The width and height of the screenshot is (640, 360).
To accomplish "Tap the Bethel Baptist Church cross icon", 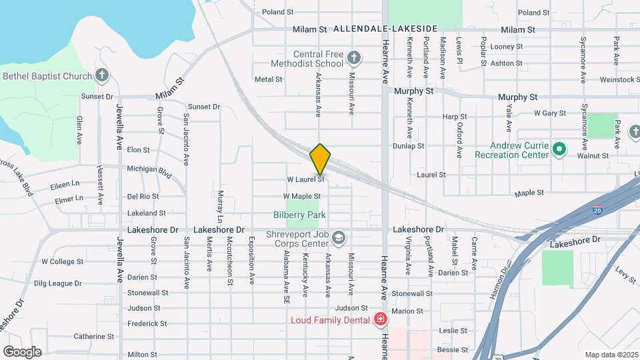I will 102,76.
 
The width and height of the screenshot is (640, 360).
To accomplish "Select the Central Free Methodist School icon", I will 354,59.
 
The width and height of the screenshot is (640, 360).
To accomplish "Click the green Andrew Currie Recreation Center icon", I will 560,150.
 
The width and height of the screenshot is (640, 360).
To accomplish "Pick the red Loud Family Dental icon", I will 381,320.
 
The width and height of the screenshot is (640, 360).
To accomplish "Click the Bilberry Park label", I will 300,215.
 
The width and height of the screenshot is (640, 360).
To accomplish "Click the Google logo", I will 22,351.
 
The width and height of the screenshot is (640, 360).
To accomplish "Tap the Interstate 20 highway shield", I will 599,210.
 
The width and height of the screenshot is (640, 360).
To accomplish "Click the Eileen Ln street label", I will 65,183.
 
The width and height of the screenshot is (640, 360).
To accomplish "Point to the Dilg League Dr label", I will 57,283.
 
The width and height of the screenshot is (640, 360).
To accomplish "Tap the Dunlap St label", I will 408,145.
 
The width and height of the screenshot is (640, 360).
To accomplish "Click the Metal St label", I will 269,79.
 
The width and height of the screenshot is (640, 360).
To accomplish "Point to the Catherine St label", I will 90,337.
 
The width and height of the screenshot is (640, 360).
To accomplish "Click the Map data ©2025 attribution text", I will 611,354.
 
